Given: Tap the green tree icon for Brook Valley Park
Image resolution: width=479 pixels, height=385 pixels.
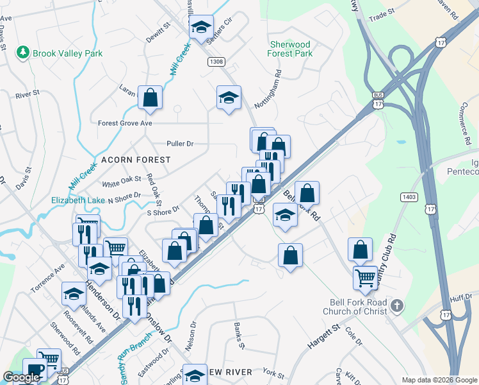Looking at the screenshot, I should pos(24,52).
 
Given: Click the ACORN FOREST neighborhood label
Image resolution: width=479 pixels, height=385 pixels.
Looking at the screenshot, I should pos(136,159).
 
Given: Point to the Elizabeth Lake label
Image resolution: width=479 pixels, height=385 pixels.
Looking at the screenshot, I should pos(78,200).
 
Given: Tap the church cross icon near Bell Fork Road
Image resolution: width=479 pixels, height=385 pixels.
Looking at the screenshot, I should pos(398,305).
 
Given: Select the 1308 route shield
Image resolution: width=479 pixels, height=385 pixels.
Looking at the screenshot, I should pos(216,61).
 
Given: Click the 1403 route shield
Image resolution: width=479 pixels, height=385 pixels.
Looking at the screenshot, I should pos(410,196).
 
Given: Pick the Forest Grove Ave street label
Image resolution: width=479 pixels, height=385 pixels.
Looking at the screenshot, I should pos(125,123).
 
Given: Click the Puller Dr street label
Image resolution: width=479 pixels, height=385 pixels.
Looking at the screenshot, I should pos(179,144).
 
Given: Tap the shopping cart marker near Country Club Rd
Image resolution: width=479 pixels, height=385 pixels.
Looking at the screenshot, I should pos(365,278).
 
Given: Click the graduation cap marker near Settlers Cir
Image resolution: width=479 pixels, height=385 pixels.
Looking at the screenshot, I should pos(202,28).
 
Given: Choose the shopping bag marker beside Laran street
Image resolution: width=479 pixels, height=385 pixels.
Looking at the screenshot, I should pos(150,98).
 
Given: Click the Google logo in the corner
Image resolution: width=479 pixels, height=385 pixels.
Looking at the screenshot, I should pos(21,377).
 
